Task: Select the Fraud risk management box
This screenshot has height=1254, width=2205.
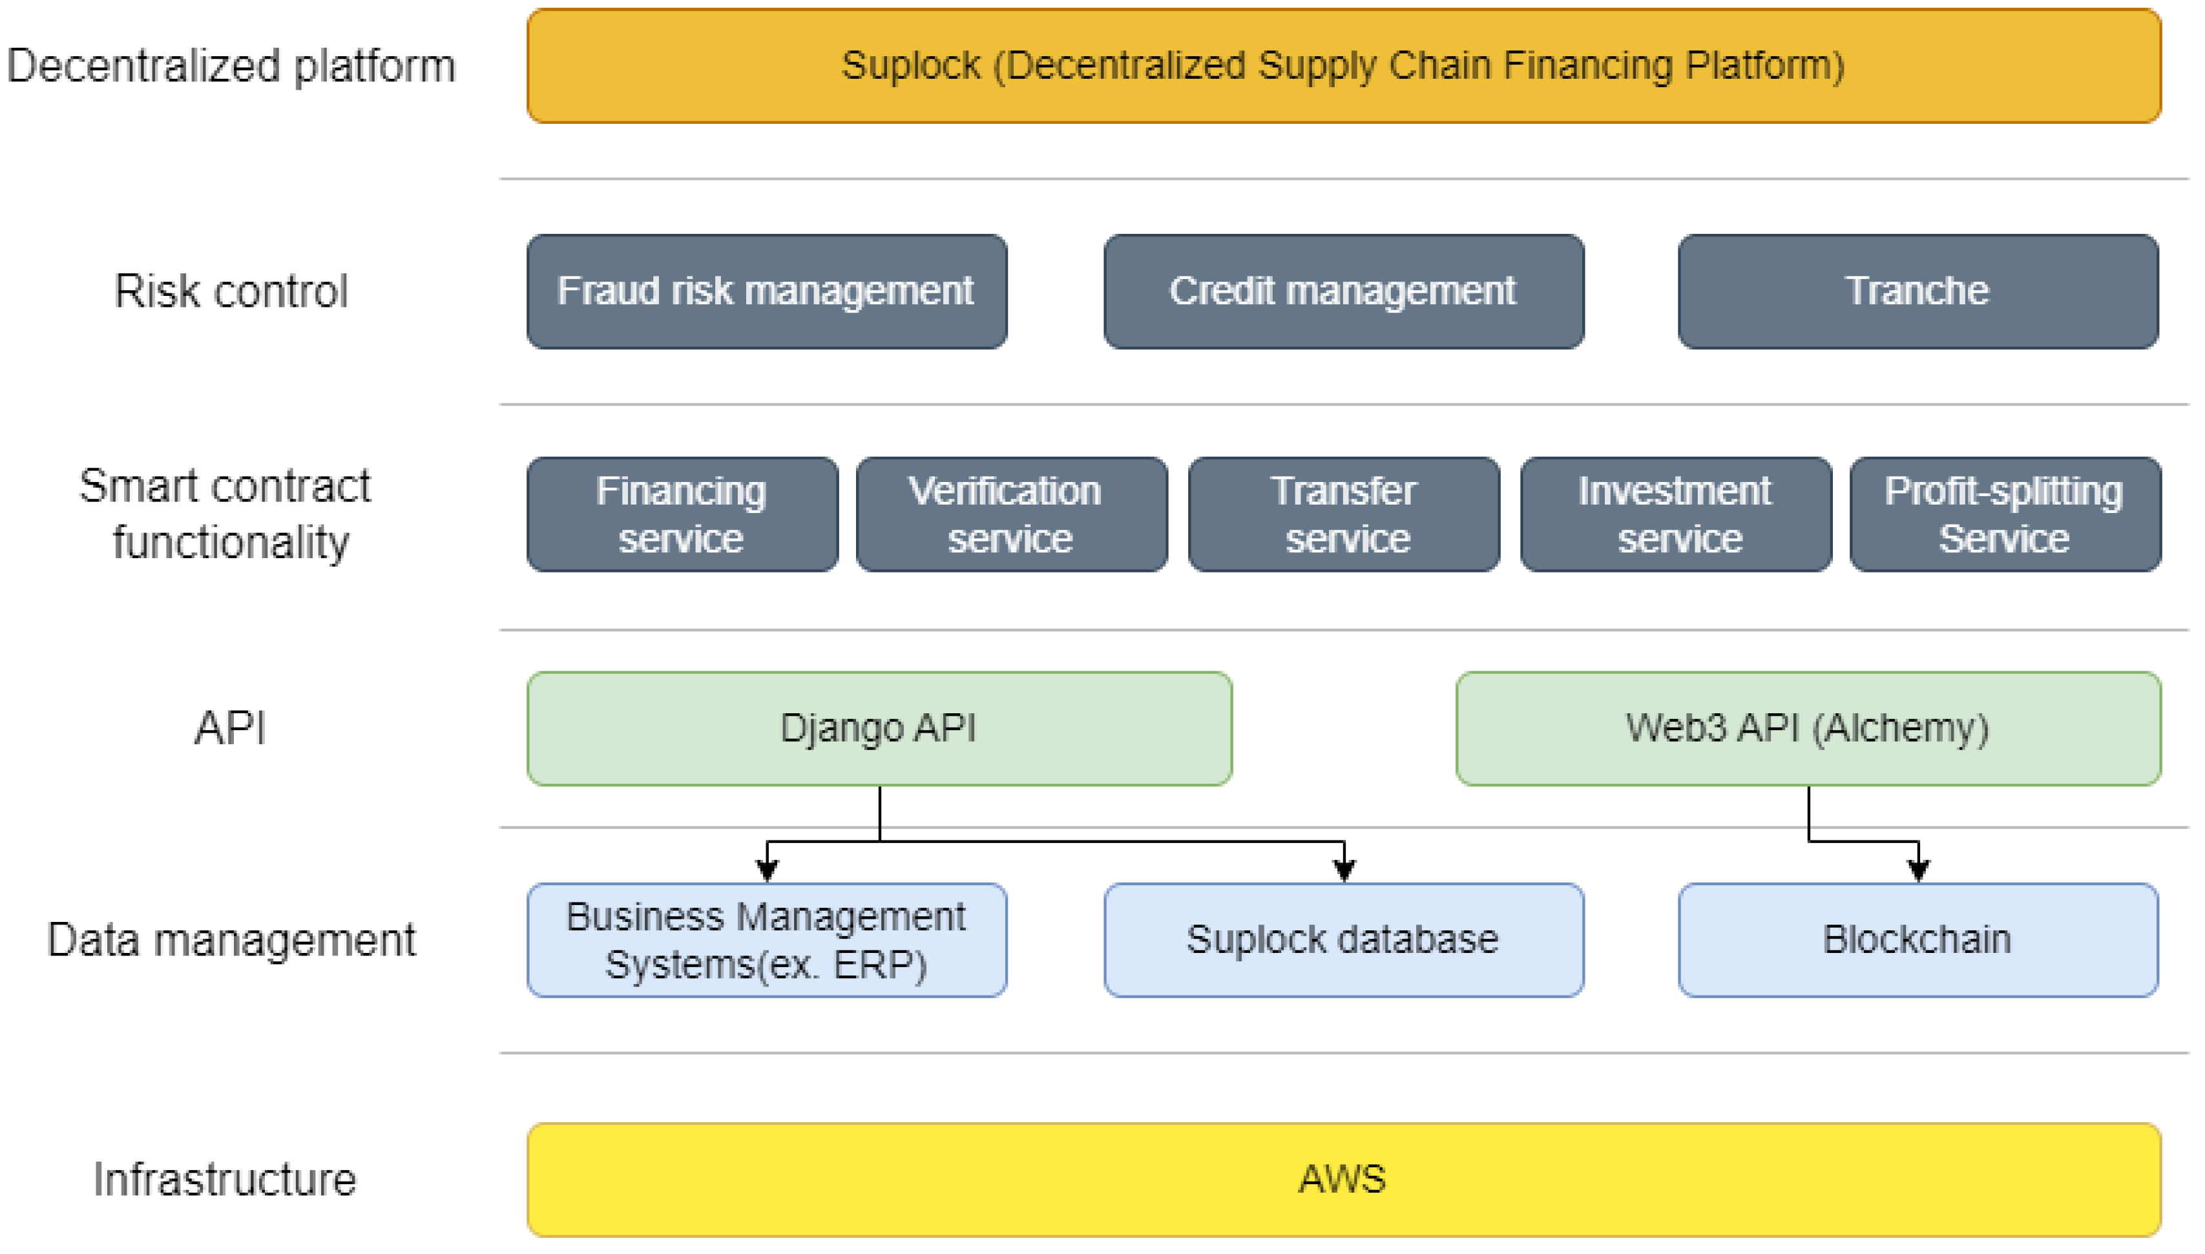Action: (766, 291)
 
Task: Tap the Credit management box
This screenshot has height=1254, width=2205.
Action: (1343, 291)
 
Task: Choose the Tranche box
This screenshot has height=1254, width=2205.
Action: (1918, 291)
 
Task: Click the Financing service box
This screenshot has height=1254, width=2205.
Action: (682, 514)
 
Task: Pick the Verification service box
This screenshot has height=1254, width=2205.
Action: (1012, 514)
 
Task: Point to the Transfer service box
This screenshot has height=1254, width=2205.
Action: (1343, 514)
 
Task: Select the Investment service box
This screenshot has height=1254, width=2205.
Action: (1675, 514)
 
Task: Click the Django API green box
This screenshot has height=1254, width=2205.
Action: (879, 729)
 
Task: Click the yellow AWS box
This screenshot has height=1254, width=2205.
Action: (1343, 1179)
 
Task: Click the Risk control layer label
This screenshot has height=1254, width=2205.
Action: (231, 291)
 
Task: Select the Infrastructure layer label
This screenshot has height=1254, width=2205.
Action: (225, 1179)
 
